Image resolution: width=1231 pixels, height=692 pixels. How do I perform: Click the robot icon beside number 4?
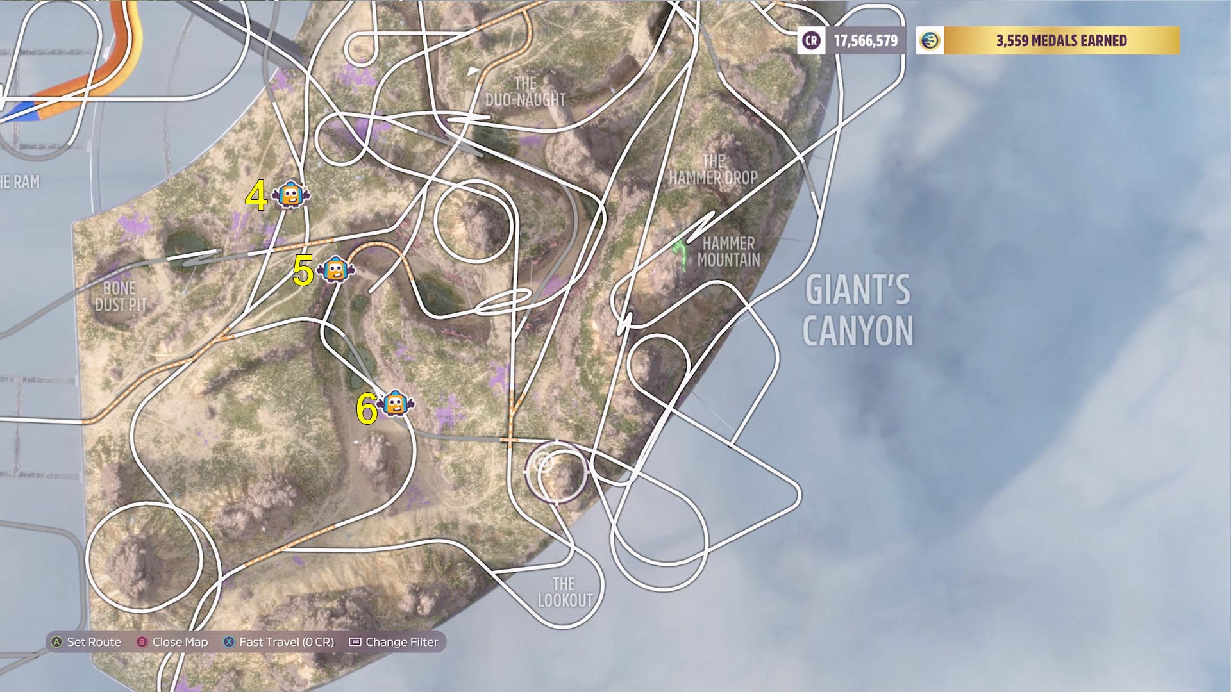(290, 195)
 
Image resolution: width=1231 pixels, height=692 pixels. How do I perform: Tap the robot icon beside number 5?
(335, 270)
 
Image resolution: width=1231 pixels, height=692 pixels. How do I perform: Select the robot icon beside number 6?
(396, 404)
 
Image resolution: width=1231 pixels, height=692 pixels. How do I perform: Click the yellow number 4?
(256, 196)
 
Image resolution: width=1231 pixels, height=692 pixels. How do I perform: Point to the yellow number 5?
(303, 271)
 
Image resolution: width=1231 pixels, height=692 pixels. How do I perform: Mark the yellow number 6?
(367, 409)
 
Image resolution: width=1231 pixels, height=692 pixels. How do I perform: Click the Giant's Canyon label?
(857, 310)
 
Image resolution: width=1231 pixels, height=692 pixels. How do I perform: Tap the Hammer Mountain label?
(728, 251)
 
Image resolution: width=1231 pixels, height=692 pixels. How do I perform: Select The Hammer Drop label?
(713, 170)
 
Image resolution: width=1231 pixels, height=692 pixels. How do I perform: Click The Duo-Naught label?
(525, 92)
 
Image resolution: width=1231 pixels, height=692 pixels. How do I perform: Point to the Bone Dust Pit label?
(121, 296)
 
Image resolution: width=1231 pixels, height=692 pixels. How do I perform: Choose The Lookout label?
(565, 592)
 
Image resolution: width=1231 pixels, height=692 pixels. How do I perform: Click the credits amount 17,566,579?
(866, 41)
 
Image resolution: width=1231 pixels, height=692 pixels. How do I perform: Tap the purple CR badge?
(811, 41)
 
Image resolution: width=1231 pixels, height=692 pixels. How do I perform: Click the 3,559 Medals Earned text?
(1061, 41)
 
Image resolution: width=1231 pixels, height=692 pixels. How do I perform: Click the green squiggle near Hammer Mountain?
(681, 254)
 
